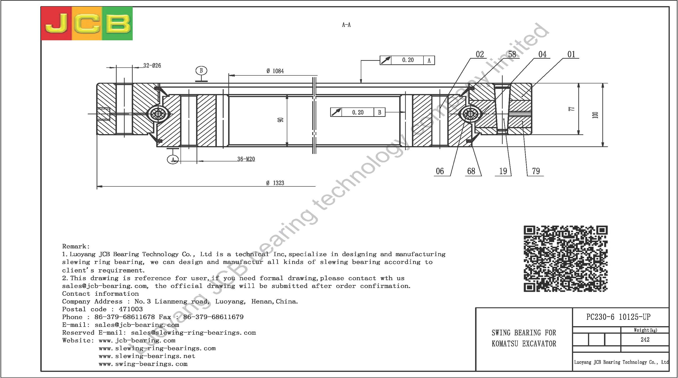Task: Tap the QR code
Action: click(566, 259)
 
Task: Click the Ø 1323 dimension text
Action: click(275, 183)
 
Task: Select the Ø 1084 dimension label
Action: click(275, 71)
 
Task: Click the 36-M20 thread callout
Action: click(246, 159)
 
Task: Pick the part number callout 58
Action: click(512, 54)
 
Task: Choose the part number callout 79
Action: click(536, 171)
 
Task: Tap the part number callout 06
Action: click(440, 171)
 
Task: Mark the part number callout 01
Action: click(571, 54)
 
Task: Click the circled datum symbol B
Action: click(201, 70)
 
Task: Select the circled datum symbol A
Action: click(173, 160)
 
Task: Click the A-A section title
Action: click(346, 25)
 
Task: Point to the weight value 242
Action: click(645, 340)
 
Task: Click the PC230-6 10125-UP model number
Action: click(618, 317)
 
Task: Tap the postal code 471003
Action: click(131, 309)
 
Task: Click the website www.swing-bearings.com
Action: click(143, 364)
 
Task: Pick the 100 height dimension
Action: click(595, 115)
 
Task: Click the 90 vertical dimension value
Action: click(281, 120)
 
